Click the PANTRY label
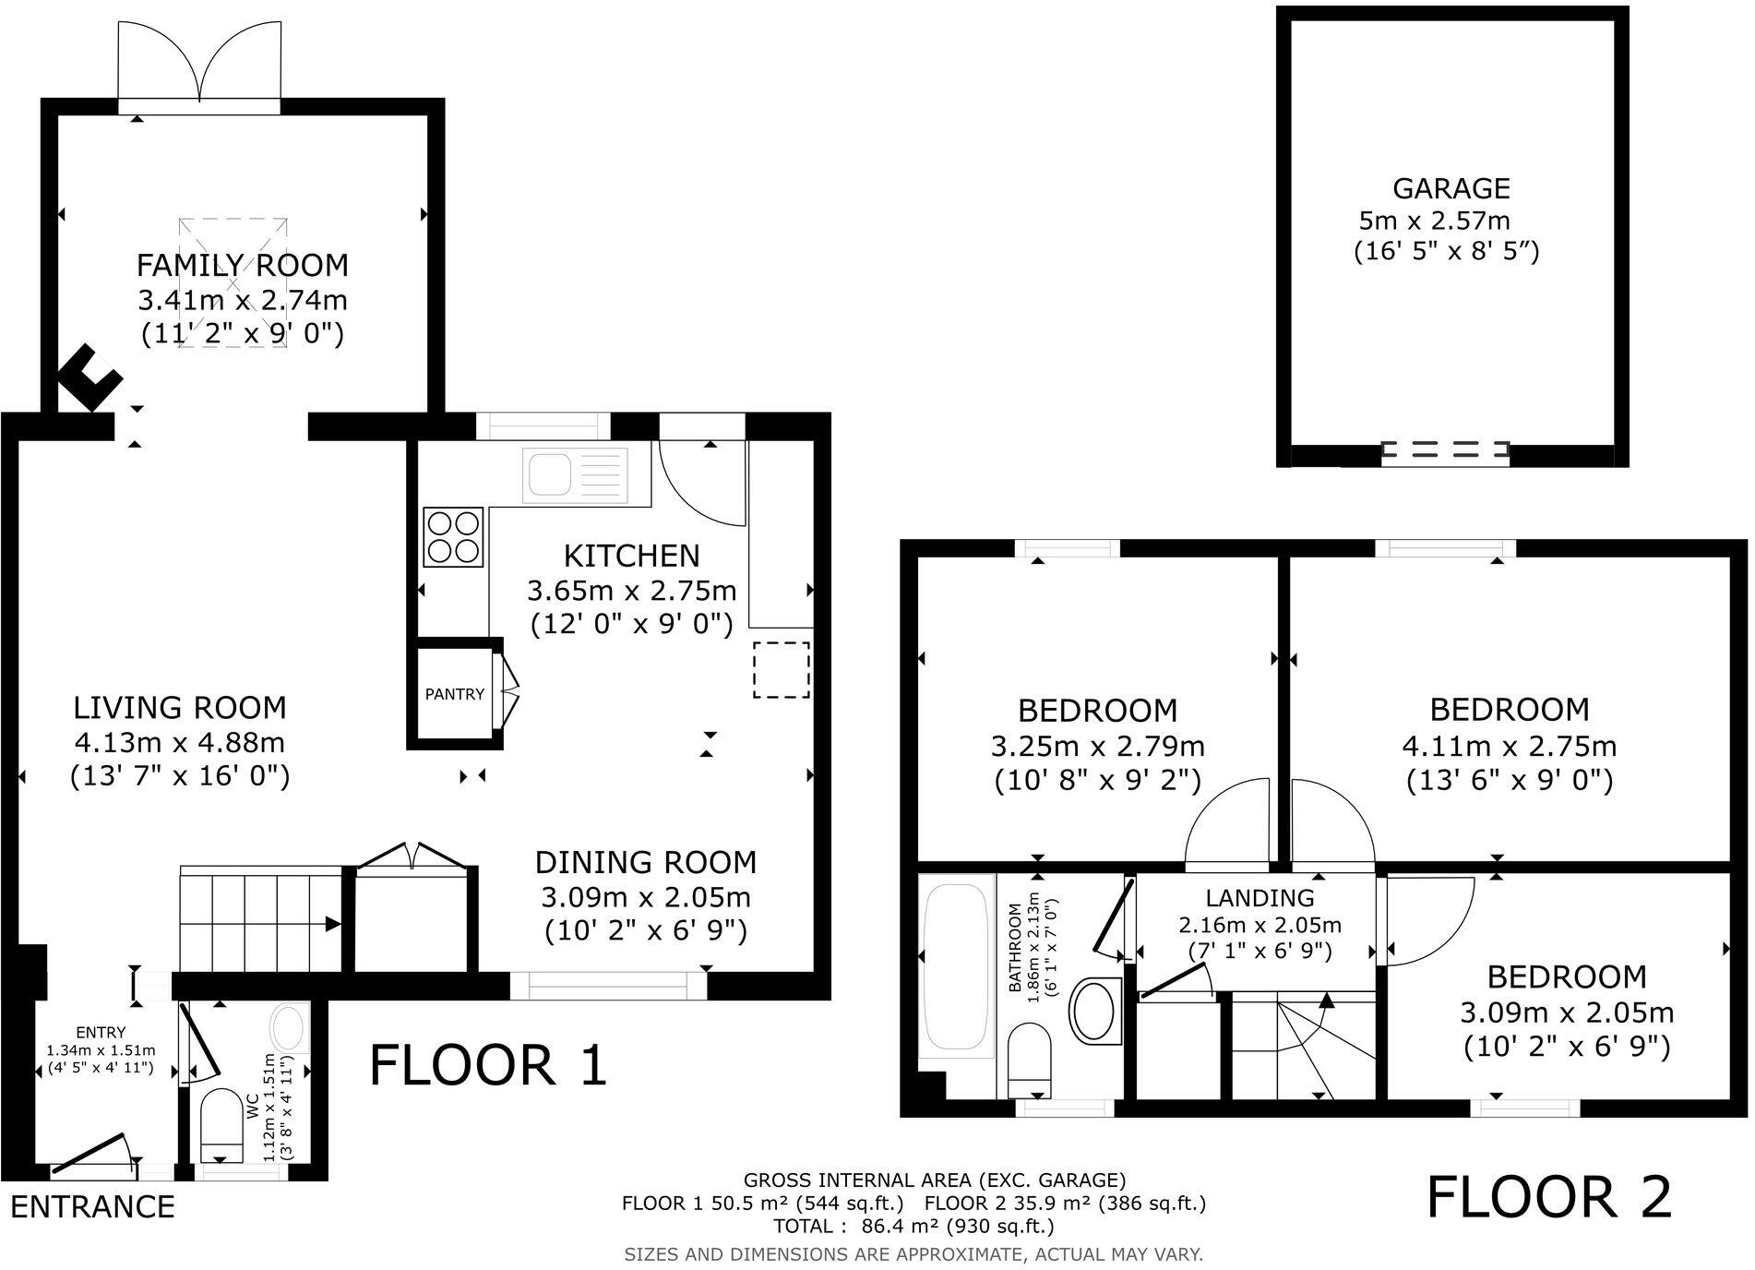(x=454, y=694)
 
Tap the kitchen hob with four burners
(x=453, y=537)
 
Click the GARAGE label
(x=1451, y=188)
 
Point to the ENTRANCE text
(x=92, y=1206)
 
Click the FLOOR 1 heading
(x=488, y=1065)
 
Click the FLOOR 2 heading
(x=1548, y=1197)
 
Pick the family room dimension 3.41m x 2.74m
(x=242, y=300)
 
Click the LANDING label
(x=1260, y=897)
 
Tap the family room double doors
(x=199, y=65)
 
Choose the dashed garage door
(x=1445, y=450)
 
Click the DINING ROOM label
(x=646, y=862)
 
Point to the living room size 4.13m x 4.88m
(x=180, y=742)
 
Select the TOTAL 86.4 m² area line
(x=913, y=1226)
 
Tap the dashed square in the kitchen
(x=782, y=670)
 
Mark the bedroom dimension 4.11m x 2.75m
(x=1509, y=745)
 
